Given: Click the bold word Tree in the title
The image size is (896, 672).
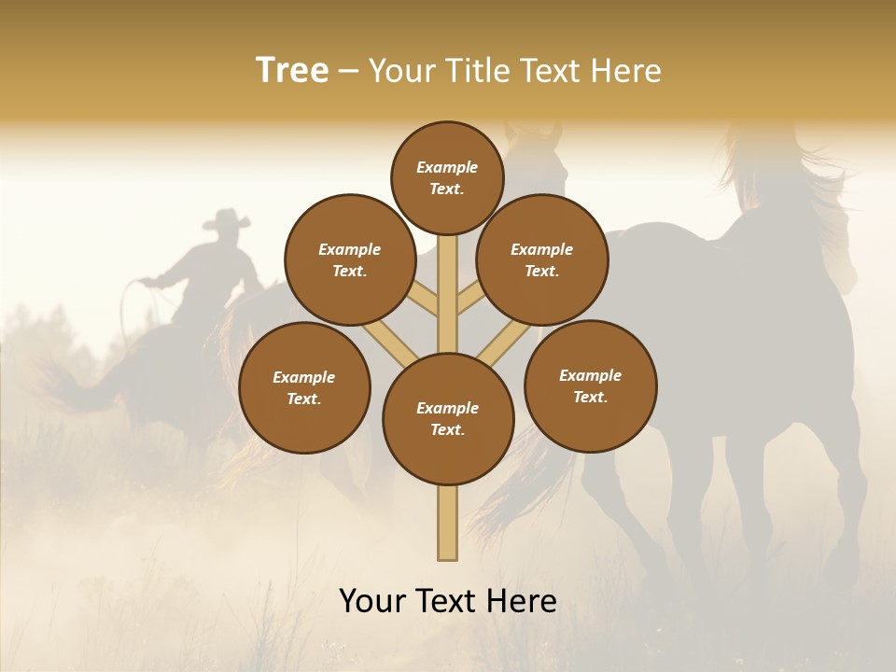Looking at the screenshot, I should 292,70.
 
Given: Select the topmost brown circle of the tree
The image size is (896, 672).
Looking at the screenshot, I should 447,177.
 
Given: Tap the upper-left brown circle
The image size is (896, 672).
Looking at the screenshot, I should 349,259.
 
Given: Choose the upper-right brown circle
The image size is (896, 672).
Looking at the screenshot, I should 542,259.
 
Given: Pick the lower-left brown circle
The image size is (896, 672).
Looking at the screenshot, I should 304,387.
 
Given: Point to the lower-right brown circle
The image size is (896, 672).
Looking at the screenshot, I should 590,385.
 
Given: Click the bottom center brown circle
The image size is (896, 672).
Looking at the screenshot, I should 448,419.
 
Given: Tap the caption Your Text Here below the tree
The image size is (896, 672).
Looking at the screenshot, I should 448,601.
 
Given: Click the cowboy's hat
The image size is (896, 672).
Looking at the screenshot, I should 227,220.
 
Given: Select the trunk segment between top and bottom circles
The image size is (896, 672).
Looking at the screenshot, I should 448,294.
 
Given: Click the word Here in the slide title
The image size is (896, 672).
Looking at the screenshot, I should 627,71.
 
